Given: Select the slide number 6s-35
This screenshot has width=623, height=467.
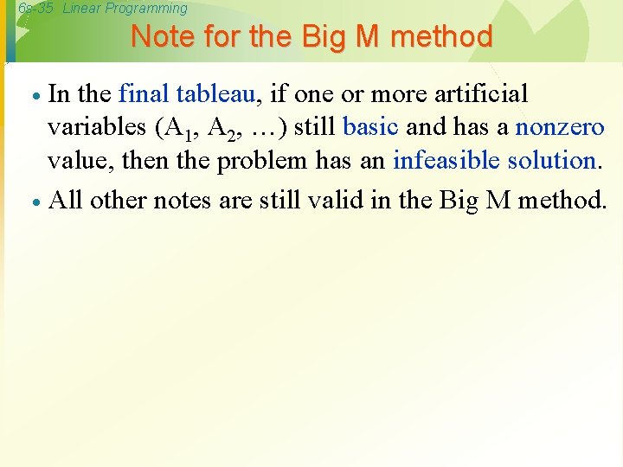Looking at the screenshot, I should (35, 9).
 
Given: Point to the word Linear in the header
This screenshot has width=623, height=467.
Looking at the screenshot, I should (84, 9).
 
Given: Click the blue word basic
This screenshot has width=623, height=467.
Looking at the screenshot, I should (370, 126).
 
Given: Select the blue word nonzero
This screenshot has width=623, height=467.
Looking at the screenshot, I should (560, 127).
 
